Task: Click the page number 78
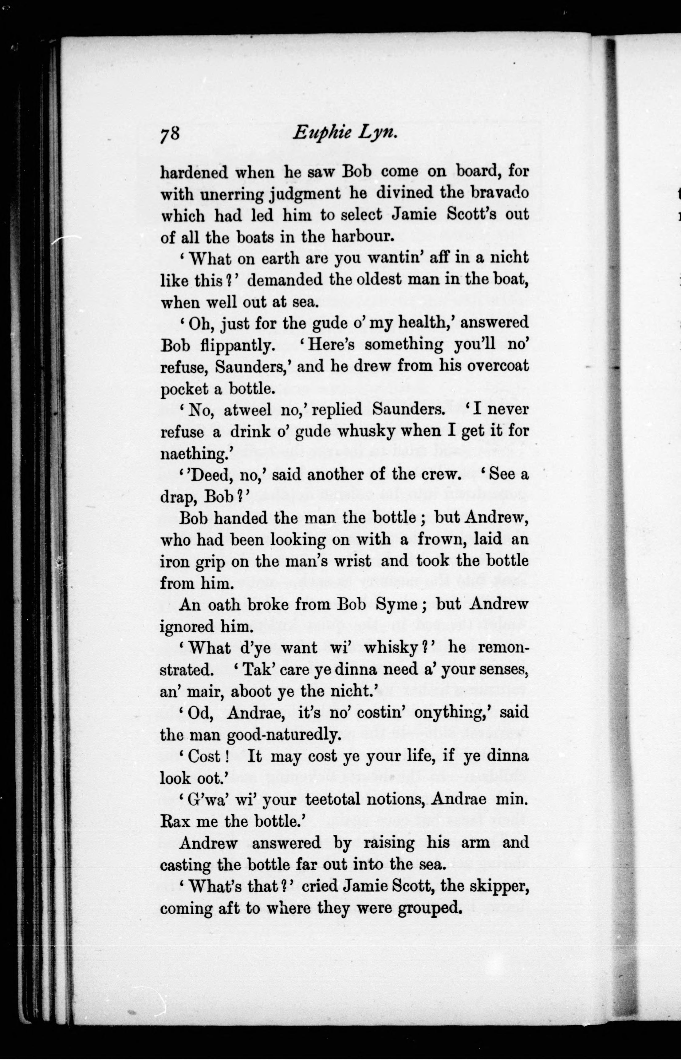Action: point(170,133)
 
